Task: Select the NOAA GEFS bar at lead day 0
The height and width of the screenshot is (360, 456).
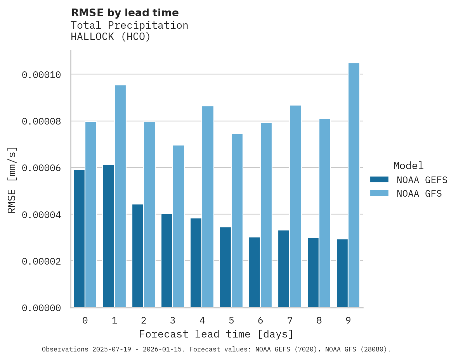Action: (x=79, y=239)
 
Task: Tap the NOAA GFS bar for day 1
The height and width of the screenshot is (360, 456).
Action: (x=120, y=196)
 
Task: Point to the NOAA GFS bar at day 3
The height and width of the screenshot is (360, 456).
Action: (x=179, y=227)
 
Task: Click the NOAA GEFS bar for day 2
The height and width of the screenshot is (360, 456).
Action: (x=138, y=256)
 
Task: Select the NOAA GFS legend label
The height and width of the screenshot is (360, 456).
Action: (x=419, y=194)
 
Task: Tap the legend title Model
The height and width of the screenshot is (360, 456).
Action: (x=408, y=166)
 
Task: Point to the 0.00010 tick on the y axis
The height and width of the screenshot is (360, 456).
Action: (x=42, y=74)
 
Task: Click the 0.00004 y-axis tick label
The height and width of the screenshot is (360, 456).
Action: (x=42, y=215)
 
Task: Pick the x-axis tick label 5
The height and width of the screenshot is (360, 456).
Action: (x=231, y=321)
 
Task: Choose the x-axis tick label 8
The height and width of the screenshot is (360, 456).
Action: (x=319, y=321)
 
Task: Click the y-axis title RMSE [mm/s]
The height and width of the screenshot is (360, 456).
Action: (x=12, y=180)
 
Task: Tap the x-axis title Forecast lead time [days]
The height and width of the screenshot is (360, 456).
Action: (x=216, y=334)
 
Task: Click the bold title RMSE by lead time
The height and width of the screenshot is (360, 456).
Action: (x=125, y=13)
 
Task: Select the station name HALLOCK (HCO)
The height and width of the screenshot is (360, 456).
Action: (x=111, y=37)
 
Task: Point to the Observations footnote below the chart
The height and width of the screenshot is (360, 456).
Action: (x=216, y=350)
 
